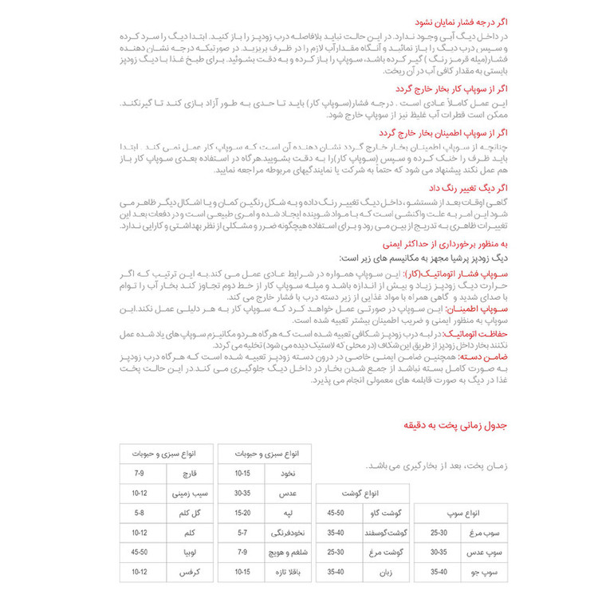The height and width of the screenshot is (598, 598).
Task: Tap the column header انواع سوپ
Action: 470,512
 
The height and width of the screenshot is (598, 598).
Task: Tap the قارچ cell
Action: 183,474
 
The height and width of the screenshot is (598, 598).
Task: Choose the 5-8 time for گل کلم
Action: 139,513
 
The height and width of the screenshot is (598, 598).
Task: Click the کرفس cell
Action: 183,571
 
